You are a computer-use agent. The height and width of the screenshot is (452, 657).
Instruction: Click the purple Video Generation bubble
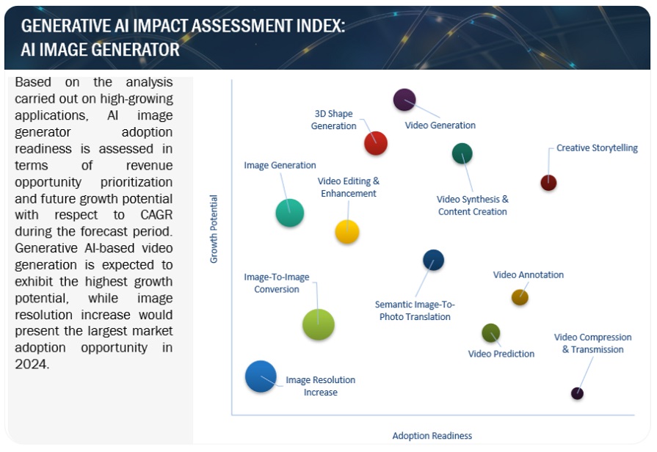(404, 100)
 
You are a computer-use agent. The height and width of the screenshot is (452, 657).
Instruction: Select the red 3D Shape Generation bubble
(376, 142)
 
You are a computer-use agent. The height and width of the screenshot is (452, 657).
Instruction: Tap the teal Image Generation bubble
(290, 212)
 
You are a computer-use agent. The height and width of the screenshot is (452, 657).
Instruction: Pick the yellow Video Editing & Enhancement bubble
(347, 232)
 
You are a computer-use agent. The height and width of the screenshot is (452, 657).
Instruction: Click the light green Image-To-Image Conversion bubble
(319, 324)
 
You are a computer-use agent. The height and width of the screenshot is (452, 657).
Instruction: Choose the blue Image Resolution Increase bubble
(261, 376)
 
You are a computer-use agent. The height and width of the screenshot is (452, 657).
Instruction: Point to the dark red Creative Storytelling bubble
(548, 183)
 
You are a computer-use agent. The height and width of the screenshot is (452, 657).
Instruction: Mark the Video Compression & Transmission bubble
(578, 394)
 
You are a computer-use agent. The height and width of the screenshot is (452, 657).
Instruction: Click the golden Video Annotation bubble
(520, 297)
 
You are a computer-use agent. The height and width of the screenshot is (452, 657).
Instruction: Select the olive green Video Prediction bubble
(491, 333)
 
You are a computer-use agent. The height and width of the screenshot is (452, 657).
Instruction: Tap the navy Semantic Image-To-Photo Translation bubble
(434, 260)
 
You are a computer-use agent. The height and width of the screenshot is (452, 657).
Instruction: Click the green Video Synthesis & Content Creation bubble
(462, 153)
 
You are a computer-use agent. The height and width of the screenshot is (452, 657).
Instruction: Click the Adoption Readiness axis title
(432, 436)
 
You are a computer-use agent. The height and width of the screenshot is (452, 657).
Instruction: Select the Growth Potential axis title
(214, 229)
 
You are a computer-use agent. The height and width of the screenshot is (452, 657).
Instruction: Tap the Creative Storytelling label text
(597, 148)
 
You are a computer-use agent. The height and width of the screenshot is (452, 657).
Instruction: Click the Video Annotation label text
(529, 275)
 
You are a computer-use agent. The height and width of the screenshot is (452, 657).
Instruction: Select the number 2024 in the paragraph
(32, 364)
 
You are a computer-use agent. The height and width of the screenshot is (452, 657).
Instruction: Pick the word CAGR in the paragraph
(155, 215)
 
